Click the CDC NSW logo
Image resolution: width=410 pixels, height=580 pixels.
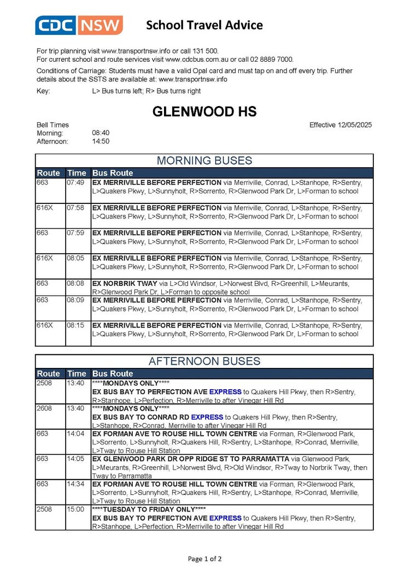click(79, 25)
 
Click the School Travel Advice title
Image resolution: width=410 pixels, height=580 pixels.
click(204, 25)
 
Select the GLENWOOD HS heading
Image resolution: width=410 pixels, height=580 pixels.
click(204, 112)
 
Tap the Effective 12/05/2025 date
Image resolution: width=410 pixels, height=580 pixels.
click(340, 125)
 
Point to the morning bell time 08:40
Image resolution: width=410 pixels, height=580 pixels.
click(101, 133)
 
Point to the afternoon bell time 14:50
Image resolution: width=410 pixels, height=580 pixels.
click(101, 141)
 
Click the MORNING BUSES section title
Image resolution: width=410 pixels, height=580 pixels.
click(204, 161)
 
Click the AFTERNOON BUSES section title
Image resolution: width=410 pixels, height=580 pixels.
click(204, 361)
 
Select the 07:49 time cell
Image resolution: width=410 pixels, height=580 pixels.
click(76, 183)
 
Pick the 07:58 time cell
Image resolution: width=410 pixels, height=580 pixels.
click(76, 208)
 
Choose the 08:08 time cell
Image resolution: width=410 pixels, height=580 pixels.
click(76, 283)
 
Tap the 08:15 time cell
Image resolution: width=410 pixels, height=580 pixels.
click(76, 325)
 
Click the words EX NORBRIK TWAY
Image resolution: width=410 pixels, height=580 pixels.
click(125, 283)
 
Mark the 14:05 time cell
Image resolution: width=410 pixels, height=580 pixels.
click(76, 459)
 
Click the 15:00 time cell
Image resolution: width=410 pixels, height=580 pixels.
click(76, 509)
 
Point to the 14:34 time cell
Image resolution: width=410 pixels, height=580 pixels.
click(76, 484)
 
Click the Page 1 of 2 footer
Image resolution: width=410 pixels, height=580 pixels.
click(204, 559)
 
